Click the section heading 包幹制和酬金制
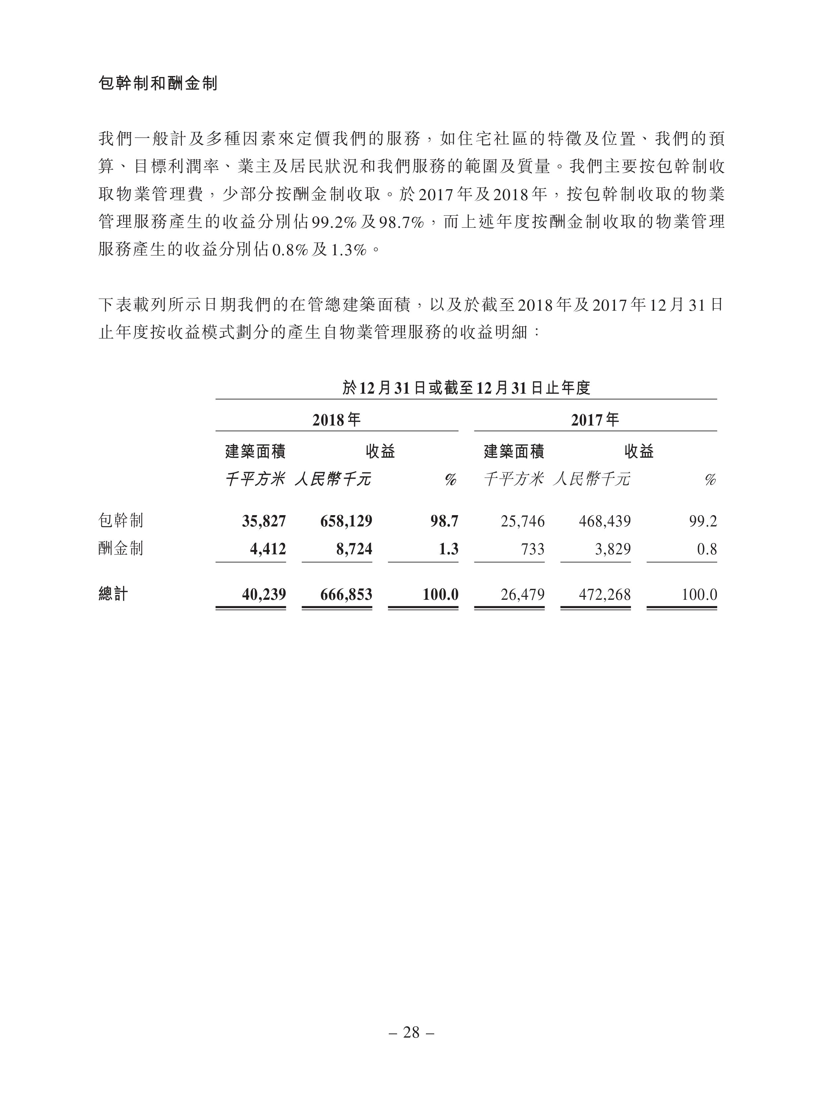coord(158,83)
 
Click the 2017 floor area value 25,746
coord(522,521)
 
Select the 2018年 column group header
coord(336,420)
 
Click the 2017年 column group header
coord(595,420)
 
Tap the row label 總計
coord(113,594)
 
